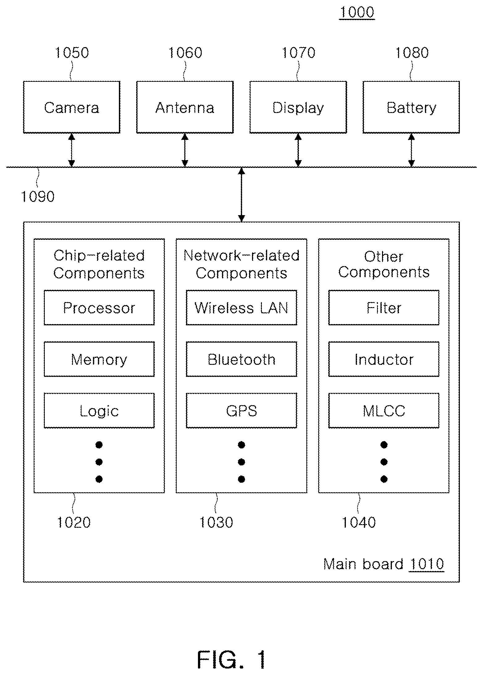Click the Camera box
pos(72,107)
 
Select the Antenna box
pos(185,107)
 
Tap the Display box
pos(298,107)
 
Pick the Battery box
pos(411,107)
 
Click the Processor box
pos(99,307)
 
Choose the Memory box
pos(99,359)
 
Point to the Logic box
pos(99,410)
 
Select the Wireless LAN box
pos(241,307)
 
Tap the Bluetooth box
pos(241,359)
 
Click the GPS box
pos(241,410)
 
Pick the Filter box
pos(384,307)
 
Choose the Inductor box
pos(384,359)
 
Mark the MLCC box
pos(384,410)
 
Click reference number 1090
pos(38,197)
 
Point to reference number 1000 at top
pos(357,12)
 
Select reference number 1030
pos(216,523)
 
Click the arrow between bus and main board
pos(241,194)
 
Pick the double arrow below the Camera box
pos(72,150)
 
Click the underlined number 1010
pos(426,564)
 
